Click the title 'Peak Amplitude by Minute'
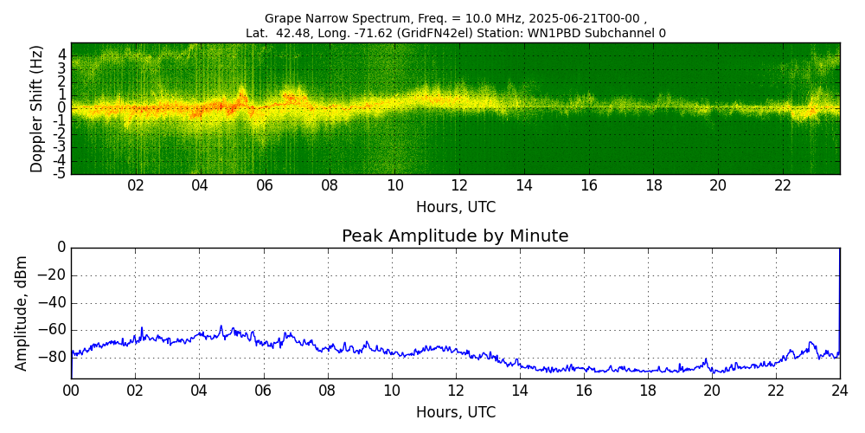455,236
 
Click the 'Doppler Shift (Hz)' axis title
37,108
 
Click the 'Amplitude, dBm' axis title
22,313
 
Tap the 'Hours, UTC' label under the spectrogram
455,208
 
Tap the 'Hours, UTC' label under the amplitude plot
455,412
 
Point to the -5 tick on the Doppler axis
61,173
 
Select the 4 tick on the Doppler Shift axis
62,55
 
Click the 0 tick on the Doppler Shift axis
62,108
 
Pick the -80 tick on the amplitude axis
54,357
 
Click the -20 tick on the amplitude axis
54,275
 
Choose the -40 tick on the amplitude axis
54,303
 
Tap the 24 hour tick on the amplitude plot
839,391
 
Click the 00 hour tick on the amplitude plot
71,391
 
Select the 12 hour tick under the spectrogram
459,185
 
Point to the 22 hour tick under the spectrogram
783,185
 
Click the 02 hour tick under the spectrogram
136,185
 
